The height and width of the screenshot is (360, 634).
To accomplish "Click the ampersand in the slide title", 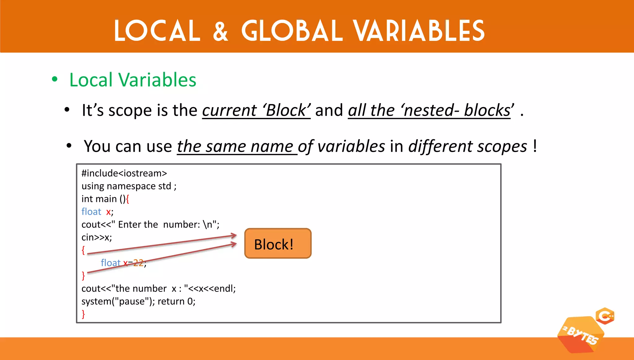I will (x=220, y=31).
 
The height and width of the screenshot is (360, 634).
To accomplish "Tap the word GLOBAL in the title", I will (x=292, y=31).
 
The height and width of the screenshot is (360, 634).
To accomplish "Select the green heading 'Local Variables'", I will (x=133, y=80).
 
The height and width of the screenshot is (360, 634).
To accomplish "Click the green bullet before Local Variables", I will (x=55, y=79).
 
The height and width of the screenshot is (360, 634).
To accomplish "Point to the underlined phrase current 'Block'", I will (x=256, y=111).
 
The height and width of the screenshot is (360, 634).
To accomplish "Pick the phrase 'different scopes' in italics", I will (x=467, y=146).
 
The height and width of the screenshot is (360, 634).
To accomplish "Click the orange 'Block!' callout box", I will (x=278, y=244).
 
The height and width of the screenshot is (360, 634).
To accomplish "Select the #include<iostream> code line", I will (x=124, y=173).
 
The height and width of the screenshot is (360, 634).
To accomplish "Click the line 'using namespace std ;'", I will (x=129, y=186).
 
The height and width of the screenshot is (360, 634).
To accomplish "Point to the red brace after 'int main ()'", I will (x=128, y=199).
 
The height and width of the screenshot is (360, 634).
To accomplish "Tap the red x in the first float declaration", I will (x=108, y=212).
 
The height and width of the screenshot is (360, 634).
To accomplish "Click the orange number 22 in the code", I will (x=138, y=263).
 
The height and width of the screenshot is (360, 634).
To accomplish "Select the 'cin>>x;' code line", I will (x=97, y=237).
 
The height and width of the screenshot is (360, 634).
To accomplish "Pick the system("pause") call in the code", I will (x=118, y=301).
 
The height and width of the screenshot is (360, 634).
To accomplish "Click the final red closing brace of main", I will (x=83, y=314).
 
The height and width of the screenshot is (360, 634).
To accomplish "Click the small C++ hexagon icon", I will (x=605, y=316).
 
